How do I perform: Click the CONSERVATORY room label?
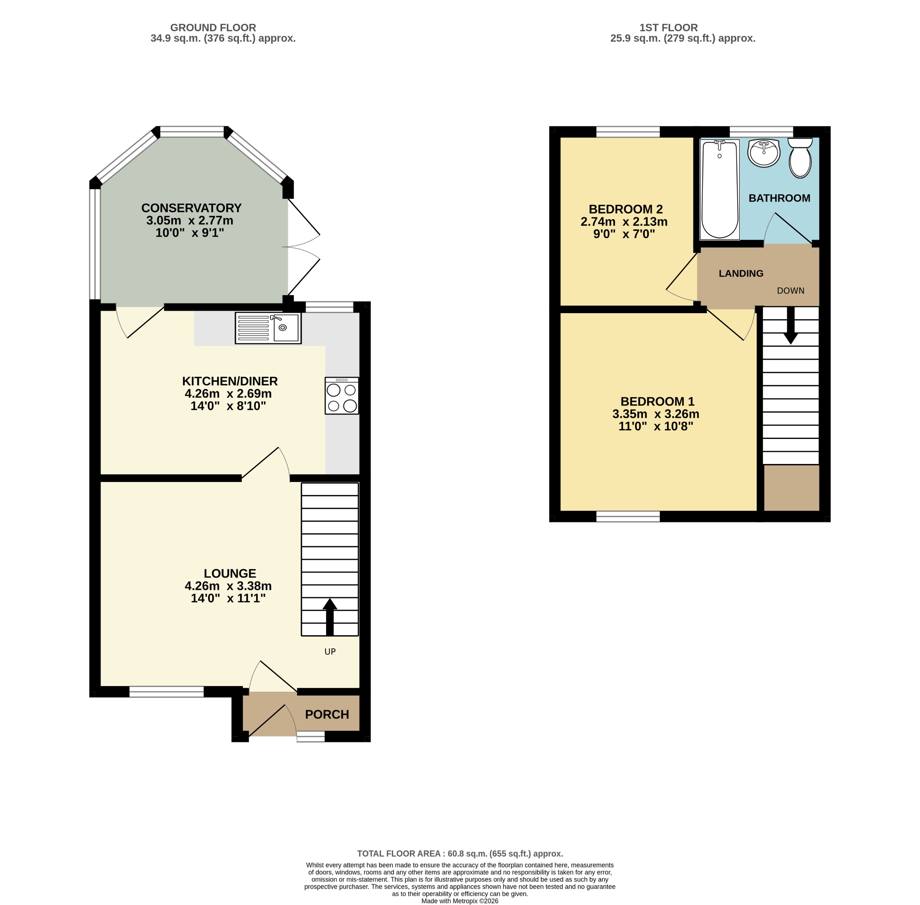click(x=191, y=208)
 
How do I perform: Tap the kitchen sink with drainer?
click(x=268, y=328)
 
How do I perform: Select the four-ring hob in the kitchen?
click(x=341, y=395)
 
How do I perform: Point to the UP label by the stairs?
click(x=330, y=652)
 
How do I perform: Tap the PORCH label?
click(x=327, y=714)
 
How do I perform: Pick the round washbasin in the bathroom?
click(x=764, y=153)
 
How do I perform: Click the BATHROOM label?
click(x=779, y=198)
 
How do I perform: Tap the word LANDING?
click(x=741, y=273)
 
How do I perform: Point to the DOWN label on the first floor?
click(x=790, y=291)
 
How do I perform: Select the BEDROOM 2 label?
click(x=626, y=209)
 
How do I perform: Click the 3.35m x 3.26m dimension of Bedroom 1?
click(x=655, y=414)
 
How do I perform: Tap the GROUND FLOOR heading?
click(x=213, y=28)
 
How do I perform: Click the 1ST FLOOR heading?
click(x=668, y=28)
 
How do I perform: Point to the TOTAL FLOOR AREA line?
click(x=460, y=853)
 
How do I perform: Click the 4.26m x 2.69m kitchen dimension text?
click(x=228, y=394)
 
